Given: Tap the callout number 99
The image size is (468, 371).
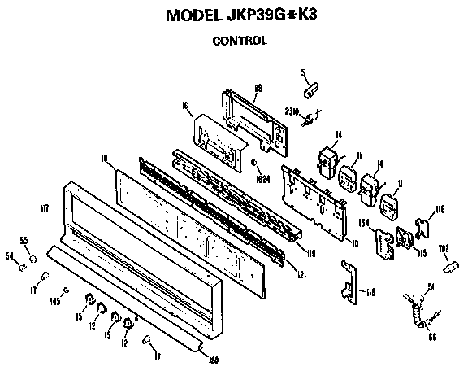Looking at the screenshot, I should click(x=258, y=87).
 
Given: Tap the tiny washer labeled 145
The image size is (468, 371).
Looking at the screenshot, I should click(x=66, y=293).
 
